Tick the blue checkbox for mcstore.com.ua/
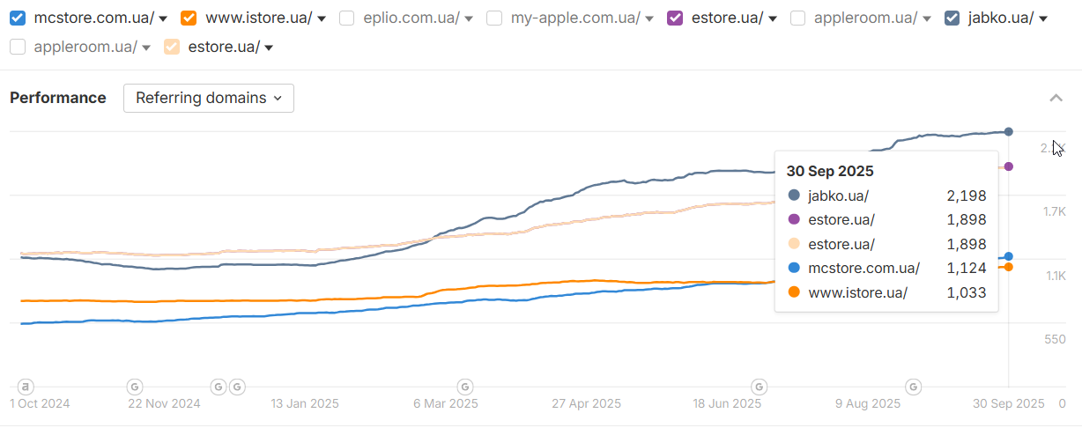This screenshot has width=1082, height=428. coord(18,18)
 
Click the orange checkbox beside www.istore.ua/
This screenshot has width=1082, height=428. coord(189,18)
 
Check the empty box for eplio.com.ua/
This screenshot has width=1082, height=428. coord(347,18)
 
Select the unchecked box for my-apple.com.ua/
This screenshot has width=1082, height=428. coord(495,18)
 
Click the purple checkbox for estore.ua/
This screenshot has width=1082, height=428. coord(676,18)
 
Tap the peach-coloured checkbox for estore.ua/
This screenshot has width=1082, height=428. coord(172,48)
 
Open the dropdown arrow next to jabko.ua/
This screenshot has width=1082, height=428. coord(1043,18)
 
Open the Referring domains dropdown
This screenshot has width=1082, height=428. coord(209,98)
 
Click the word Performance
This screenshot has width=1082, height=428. coord(58,98)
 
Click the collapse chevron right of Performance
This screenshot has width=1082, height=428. coord(1056,98)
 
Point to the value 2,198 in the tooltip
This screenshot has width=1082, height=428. coord(967,196)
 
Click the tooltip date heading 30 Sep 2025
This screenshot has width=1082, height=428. coord(830,171)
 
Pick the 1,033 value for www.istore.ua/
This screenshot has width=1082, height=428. coord(967,292)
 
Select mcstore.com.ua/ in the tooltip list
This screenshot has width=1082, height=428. coord(863,269)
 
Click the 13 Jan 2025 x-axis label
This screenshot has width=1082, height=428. coord(305,404)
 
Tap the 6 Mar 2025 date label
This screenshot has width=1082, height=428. coord(445,404)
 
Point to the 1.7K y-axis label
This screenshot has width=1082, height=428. coord(1055,212)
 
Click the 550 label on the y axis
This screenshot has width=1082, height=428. coord(1055,339)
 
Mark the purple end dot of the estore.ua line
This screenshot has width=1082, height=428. coord(1009,166)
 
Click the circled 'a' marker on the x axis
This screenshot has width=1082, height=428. coord(26,386)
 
